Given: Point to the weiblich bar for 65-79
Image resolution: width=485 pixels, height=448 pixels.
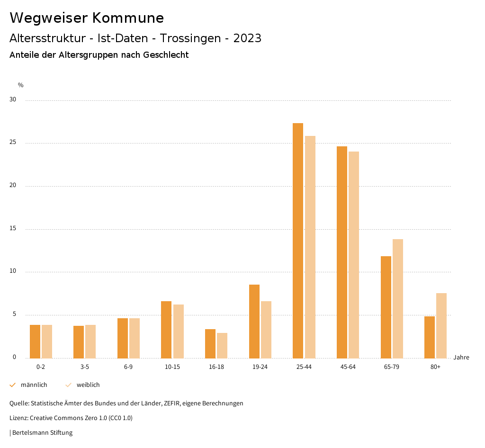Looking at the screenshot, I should click(x=398, y=299).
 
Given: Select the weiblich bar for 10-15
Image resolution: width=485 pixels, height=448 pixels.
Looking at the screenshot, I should click(x=179, y=331).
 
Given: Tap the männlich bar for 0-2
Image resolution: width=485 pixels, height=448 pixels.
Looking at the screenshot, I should click(x=35, y=341).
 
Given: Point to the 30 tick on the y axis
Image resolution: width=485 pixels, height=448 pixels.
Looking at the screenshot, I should click(x=13, y=100).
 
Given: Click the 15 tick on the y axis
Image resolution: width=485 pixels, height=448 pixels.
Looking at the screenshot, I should click(x=13, y=229).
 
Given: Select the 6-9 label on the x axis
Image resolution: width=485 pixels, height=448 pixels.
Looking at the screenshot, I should click(x=128, y=367).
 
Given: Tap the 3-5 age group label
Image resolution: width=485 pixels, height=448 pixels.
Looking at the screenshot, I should click(x=85, y=367).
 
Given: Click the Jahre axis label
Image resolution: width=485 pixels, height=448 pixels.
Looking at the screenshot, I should click(x=461, y=358).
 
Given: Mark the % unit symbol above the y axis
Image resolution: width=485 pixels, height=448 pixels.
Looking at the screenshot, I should click(x=21, y=85).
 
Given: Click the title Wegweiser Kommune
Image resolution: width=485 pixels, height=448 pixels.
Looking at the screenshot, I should click(x=87, y=18).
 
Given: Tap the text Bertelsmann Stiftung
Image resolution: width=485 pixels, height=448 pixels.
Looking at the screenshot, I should click(x=42, y=432).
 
